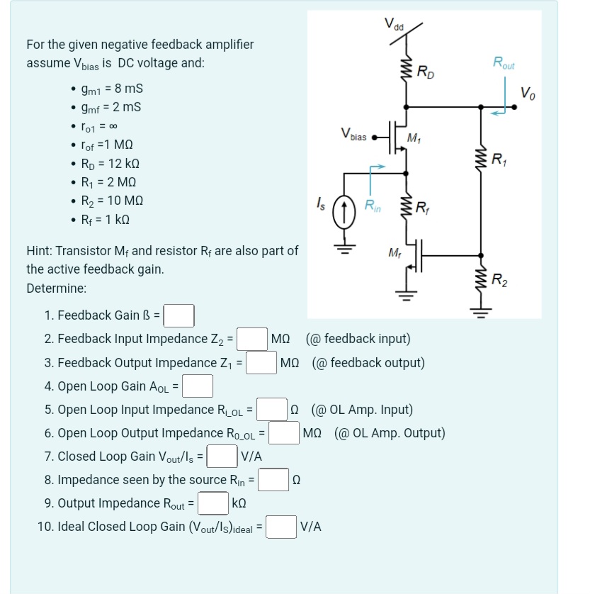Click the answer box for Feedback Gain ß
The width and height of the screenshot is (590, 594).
click(180, 315)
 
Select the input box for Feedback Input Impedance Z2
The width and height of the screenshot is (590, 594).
click(251, 339)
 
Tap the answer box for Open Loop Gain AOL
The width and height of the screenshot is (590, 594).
click(199, 386)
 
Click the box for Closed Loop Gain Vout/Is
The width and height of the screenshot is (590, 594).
click(222, 456)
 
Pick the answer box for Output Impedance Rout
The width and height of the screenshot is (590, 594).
click(212, 503)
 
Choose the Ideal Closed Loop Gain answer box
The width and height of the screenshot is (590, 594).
click(281, 527)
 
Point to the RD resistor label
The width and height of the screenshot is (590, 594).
click(426, 72)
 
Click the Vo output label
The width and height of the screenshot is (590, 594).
click(528, 92)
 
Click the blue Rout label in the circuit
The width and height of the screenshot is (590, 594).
click(506, 63)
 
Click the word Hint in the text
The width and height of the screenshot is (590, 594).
click(39, 250)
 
